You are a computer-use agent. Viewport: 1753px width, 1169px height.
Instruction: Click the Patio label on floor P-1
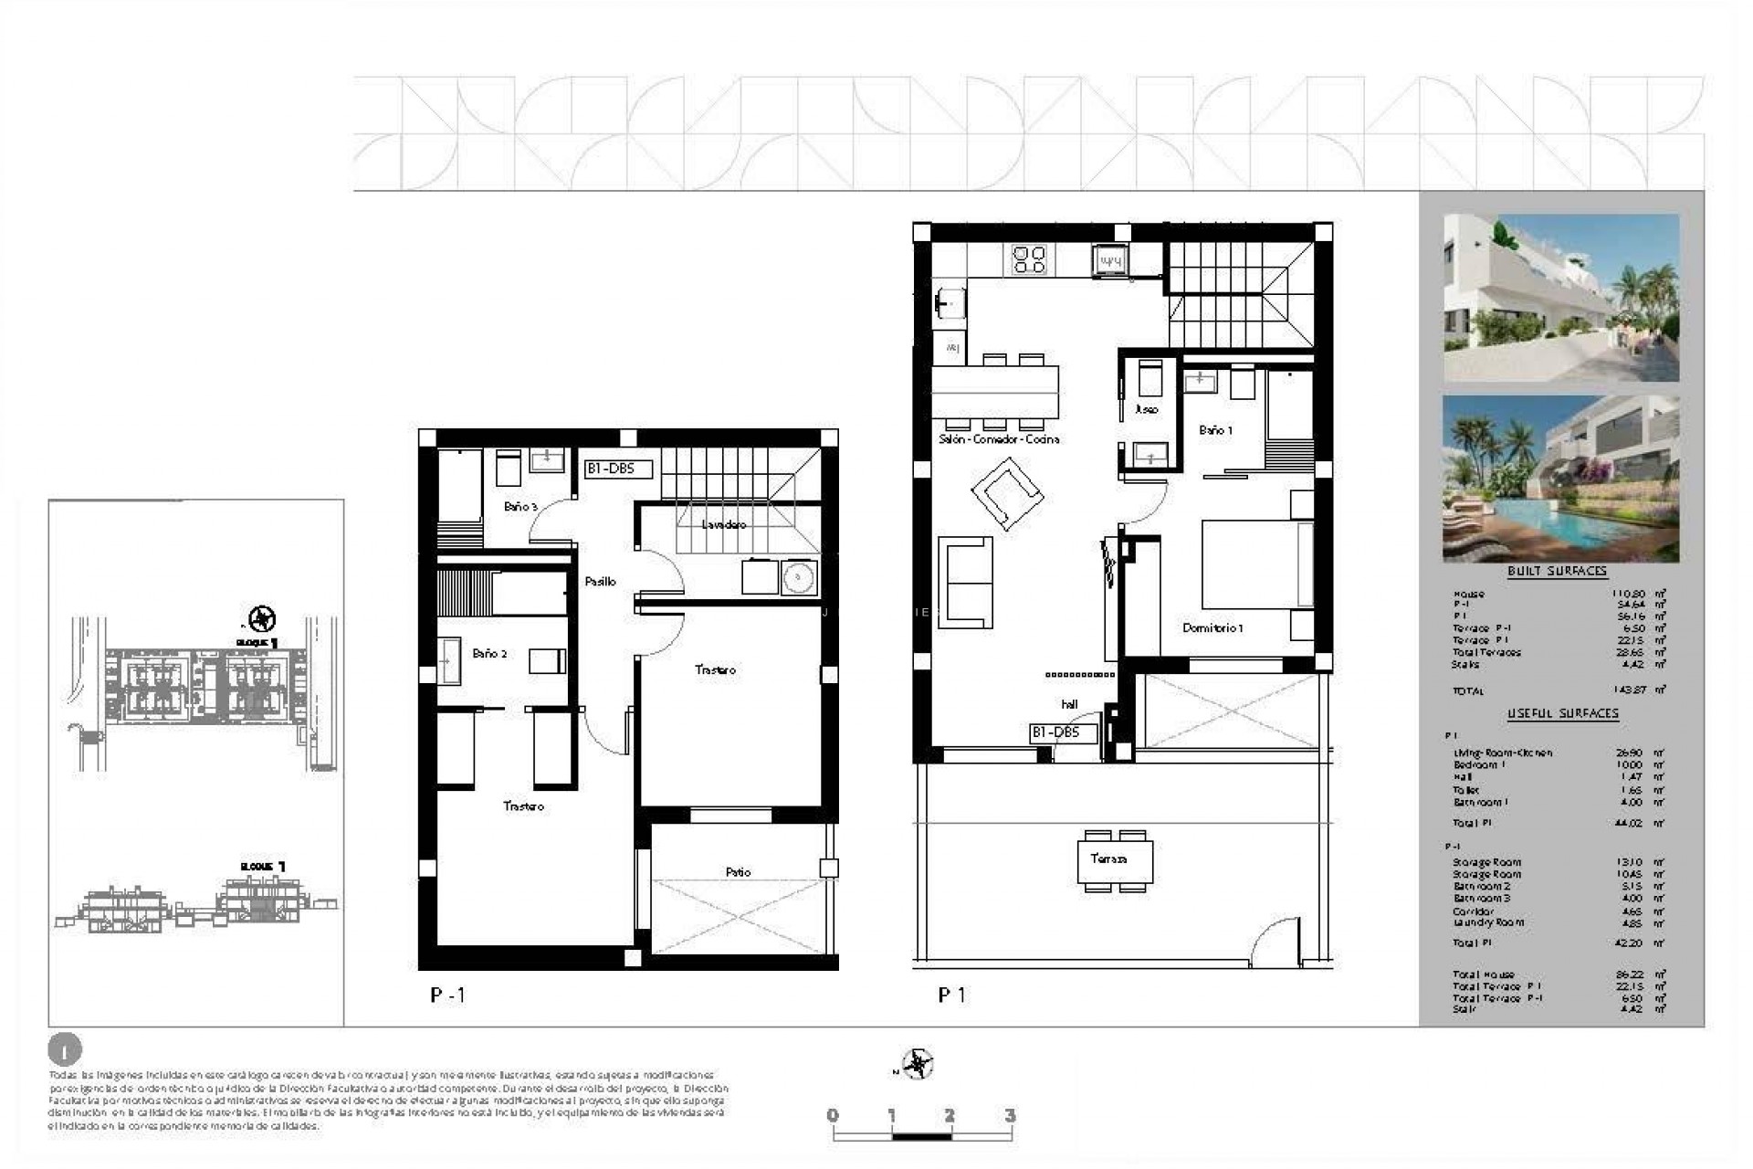[738, 872]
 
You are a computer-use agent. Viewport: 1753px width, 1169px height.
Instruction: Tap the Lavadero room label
[724, 524]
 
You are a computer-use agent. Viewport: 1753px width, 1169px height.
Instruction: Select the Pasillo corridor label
[600, 581]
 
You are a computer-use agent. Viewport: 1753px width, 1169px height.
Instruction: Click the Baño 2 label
[489, 653]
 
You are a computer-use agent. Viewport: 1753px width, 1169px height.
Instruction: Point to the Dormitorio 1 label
[1212, 627]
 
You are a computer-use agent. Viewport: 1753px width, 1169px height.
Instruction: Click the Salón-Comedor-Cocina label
[999, 439]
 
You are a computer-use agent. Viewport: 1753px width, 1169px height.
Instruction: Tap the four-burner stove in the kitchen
[1029, 259]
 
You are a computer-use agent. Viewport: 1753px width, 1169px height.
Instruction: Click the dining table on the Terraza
[1115, 859]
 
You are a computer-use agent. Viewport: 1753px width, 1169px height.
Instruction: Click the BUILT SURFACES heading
[1557, 571]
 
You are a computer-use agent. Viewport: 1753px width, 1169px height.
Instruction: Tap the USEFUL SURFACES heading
[1562, 713]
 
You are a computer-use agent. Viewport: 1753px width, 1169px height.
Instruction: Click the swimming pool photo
[1560, 479]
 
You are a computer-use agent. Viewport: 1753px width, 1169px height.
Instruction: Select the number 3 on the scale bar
[1009, 1115]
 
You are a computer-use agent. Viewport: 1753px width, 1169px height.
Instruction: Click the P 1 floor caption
[950, 995]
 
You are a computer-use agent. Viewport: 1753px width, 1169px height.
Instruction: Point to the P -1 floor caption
[447, 995]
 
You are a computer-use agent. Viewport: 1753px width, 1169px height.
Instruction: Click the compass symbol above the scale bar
[917, 1064]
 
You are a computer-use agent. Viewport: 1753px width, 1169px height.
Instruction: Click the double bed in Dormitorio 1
[1256, 563]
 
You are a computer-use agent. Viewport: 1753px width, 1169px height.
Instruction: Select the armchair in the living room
[1006, 493]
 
